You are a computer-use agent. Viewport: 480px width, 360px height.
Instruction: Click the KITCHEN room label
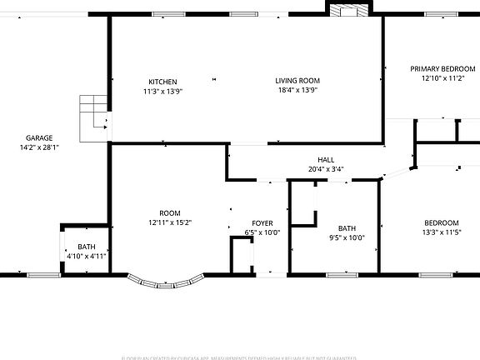162,81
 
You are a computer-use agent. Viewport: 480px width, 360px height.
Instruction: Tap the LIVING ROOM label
297,81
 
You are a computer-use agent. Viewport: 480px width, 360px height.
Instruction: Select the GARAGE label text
39,137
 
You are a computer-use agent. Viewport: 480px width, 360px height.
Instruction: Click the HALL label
326,159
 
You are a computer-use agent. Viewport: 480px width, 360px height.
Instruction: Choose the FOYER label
262,223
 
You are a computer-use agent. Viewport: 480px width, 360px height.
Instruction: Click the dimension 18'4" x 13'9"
297,91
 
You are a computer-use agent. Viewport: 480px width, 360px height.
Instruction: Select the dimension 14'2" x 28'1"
39,147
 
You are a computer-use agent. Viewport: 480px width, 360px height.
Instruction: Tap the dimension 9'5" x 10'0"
347,237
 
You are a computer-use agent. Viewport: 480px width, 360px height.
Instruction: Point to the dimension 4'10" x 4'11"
87,257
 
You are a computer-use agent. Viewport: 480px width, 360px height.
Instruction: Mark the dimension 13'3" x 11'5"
441,232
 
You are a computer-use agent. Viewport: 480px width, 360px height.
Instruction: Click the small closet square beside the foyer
242,254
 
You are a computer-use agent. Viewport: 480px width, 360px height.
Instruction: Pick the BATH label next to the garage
87,247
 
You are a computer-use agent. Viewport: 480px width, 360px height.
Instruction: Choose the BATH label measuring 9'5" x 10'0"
347,227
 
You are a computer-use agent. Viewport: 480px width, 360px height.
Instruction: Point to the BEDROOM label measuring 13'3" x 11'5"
441,222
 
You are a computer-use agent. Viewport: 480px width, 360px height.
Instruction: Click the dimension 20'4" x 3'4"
326,169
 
